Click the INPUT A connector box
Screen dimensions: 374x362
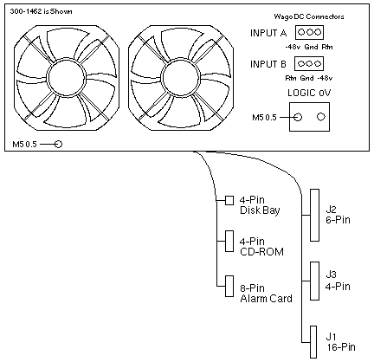click(x=309, y=32)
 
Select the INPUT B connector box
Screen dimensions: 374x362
click(x=309, y=63)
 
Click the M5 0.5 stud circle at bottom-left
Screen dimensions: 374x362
click(x=58, y=144)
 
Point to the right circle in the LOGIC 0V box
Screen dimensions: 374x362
click(x=321, y=117)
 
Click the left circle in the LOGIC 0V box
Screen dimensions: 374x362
click(x=298, y=117)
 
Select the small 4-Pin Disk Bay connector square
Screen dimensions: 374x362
click(x=229, y=200)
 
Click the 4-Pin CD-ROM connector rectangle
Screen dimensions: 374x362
click(x=229, y=241)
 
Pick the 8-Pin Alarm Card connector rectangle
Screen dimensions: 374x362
click(x=229, y=286)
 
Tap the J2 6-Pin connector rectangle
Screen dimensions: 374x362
click(x=314, y=215)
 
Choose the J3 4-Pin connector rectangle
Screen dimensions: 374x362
click(x=314, y=281)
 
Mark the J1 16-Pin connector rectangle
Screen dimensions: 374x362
click(x=313, y=342)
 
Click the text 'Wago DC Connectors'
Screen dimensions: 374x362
click(x=309, y=16)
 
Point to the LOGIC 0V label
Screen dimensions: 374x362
click(x=309, y=93)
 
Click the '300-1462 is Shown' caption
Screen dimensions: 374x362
click(x=41, y=11)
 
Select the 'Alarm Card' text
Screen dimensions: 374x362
click(x=266, y=298)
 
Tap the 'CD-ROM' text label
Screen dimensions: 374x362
click(x=261, y=252)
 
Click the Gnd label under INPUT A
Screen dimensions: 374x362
click(x=312, y=47)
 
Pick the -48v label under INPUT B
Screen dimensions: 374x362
click(x=325, y=78)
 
